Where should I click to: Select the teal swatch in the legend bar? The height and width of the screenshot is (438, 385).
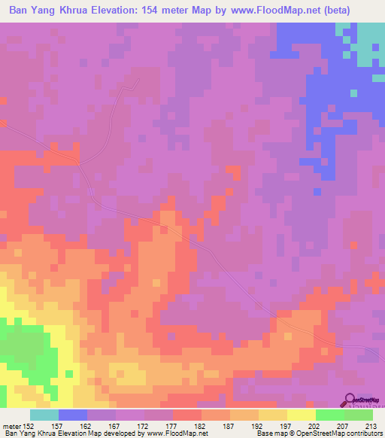[x=44, y=415]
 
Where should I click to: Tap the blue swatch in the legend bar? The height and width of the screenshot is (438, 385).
[x=73, y=415]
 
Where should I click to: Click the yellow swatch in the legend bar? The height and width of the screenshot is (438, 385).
[x=302, y=415]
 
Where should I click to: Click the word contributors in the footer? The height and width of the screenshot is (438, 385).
[x=364, y=433]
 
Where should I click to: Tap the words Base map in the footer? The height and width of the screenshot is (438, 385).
[x=269, y=433]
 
